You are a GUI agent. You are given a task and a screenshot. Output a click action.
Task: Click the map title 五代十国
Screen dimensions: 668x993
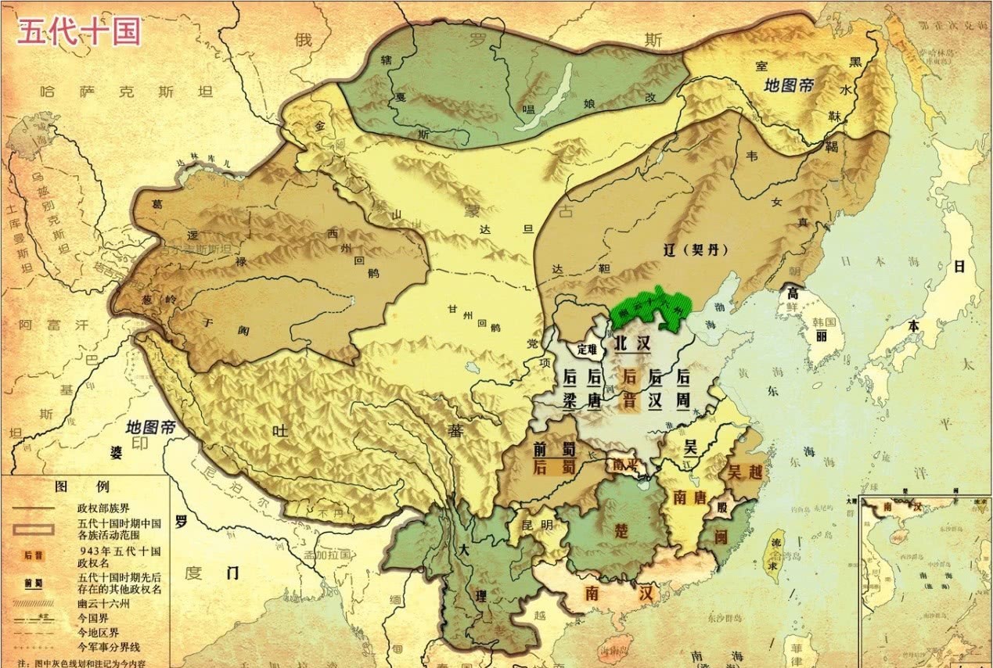point(78,32)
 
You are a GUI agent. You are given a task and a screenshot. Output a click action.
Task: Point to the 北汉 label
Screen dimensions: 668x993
point(631,343)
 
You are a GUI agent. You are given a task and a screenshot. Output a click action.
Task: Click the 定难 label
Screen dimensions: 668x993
point(586,348)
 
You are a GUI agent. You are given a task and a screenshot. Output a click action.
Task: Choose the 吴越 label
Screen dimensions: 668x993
point(745,472)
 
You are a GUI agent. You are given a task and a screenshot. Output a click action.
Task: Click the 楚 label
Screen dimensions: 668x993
point(621,530)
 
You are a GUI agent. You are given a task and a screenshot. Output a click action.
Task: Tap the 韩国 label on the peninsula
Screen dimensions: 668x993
point(825,323)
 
